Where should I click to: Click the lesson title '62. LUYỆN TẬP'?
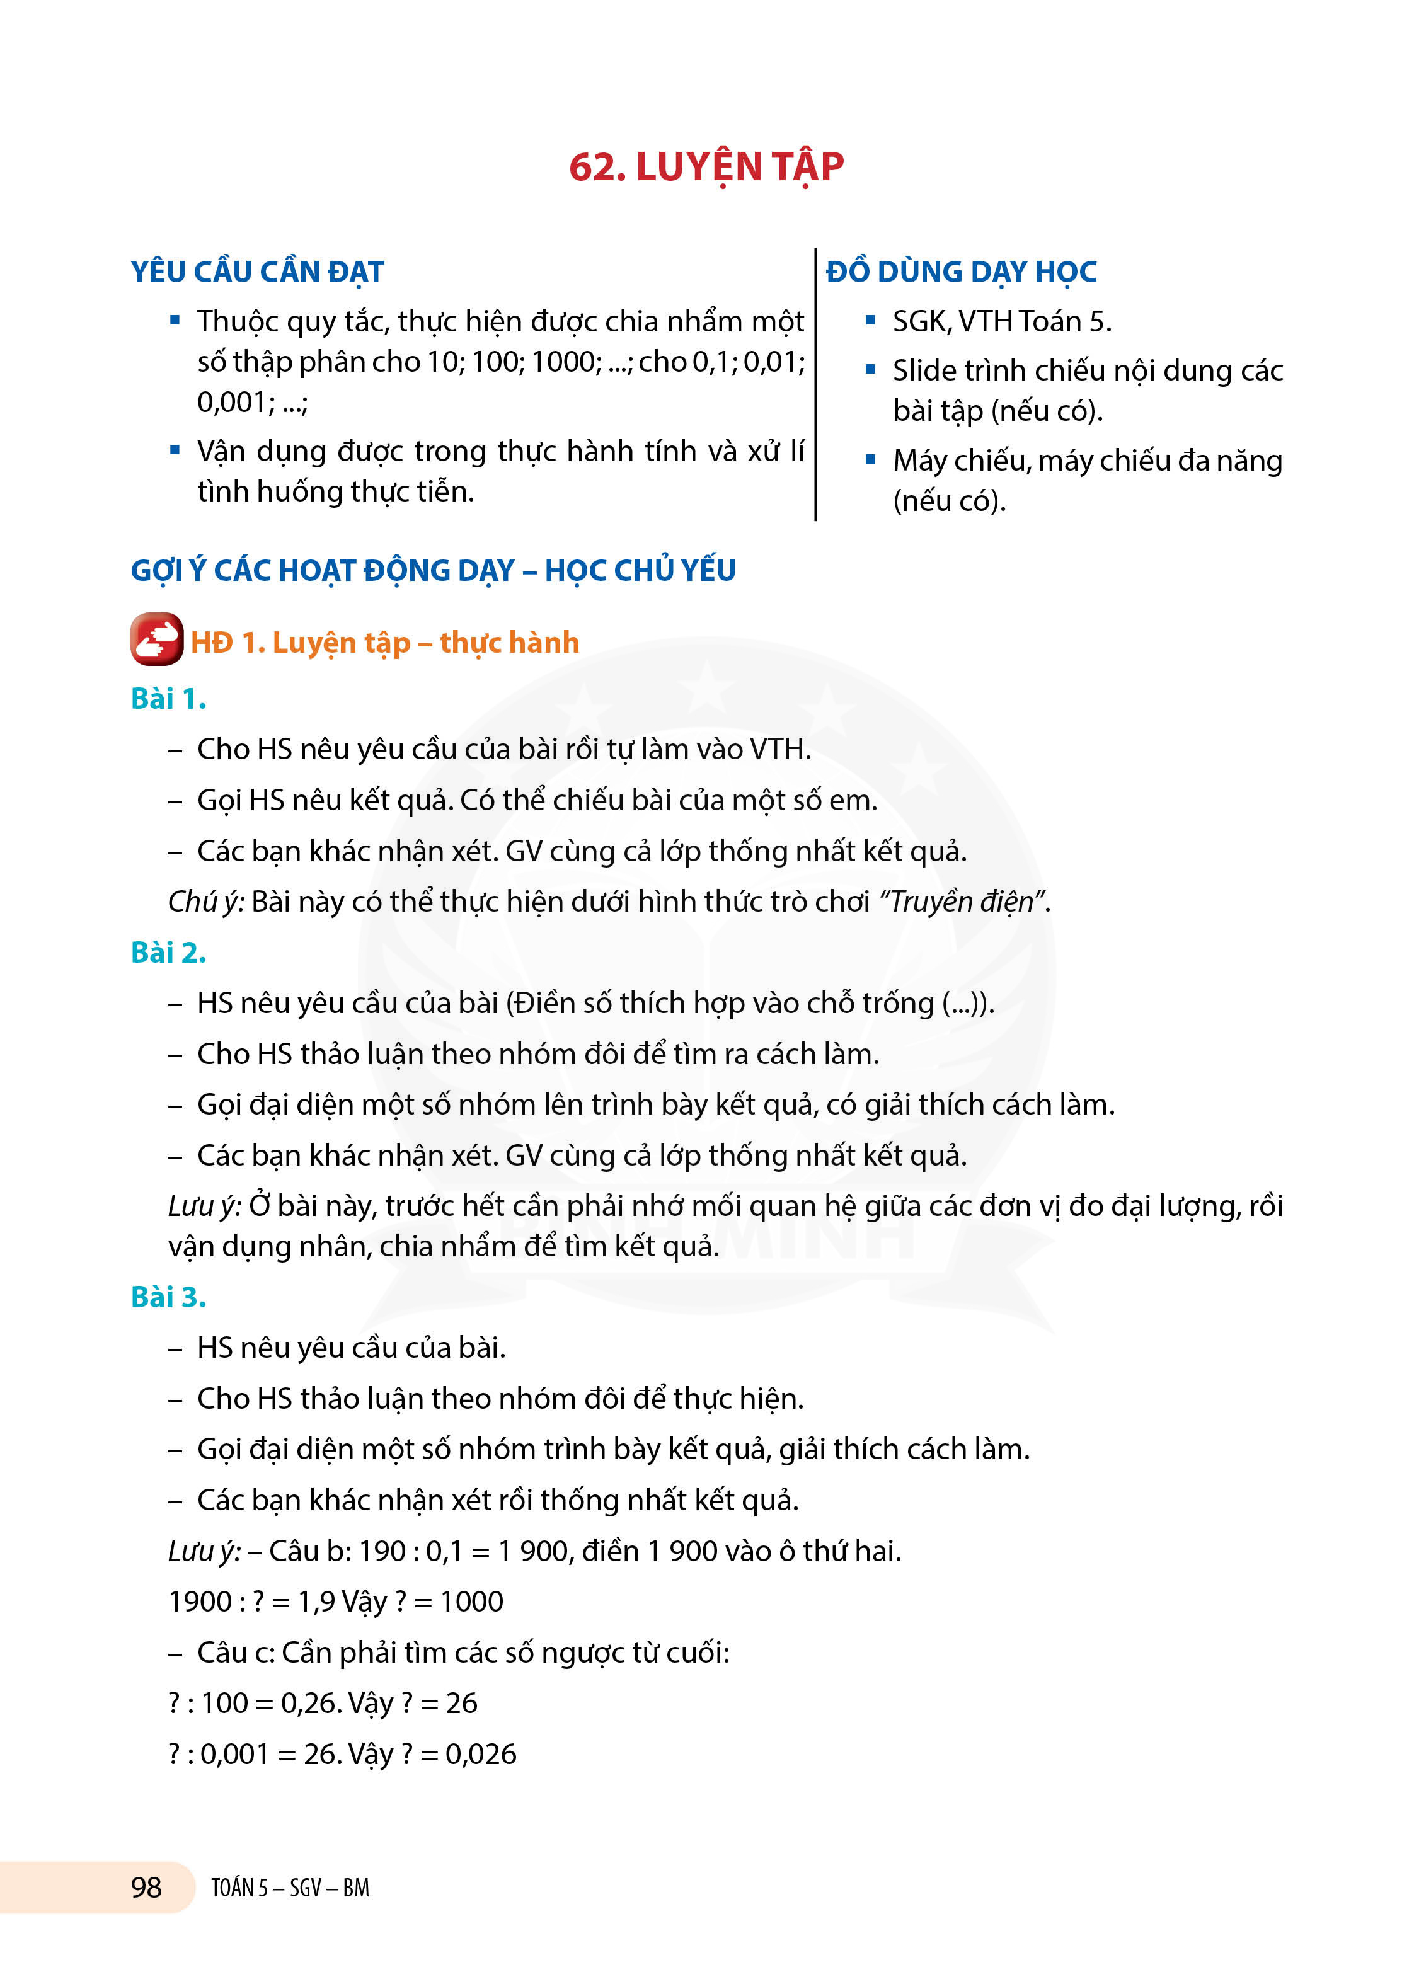tap(706, 167)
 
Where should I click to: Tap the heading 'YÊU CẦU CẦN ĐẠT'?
tap(258, 272)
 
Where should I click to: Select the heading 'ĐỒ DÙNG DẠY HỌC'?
tap(961, 272)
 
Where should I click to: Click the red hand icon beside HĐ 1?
tap(156, 640)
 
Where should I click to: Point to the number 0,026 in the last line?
tap(481, 1754)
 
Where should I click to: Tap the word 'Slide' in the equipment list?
tap(924, 371)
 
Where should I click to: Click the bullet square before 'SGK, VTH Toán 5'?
tap(870, 320)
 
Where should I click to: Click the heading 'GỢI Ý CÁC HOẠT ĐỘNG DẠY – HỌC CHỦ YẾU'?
tap(433, 570)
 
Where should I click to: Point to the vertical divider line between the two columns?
tap(816, 382)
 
